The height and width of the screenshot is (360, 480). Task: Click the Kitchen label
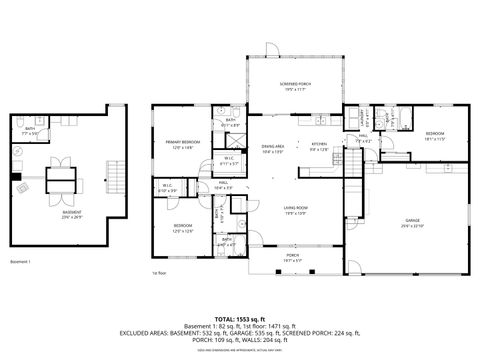[319, 145]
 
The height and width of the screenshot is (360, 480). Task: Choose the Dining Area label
[273, 147]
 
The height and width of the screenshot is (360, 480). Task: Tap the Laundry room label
[365, 121]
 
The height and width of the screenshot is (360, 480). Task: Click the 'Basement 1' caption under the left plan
[20, 262]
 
